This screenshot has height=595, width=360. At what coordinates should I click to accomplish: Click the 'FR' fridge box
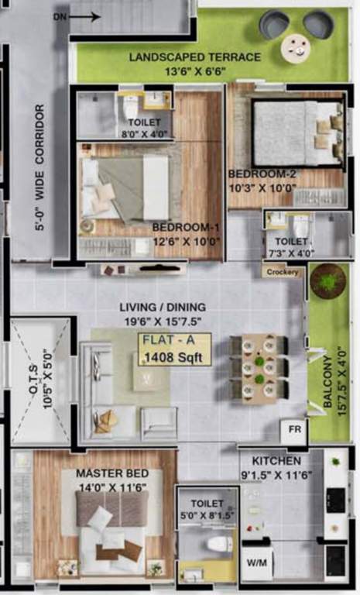[x=295, y=428]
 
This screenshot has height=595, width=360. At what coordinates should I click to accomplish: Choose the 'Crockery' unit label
[x=283, y=272]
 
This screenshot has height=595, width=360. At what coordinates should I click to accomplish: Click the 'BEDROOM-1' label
[x=186, y=227]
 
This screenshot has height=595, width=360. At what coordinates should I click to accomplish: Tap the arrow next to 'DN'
[x=90, y=15]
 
